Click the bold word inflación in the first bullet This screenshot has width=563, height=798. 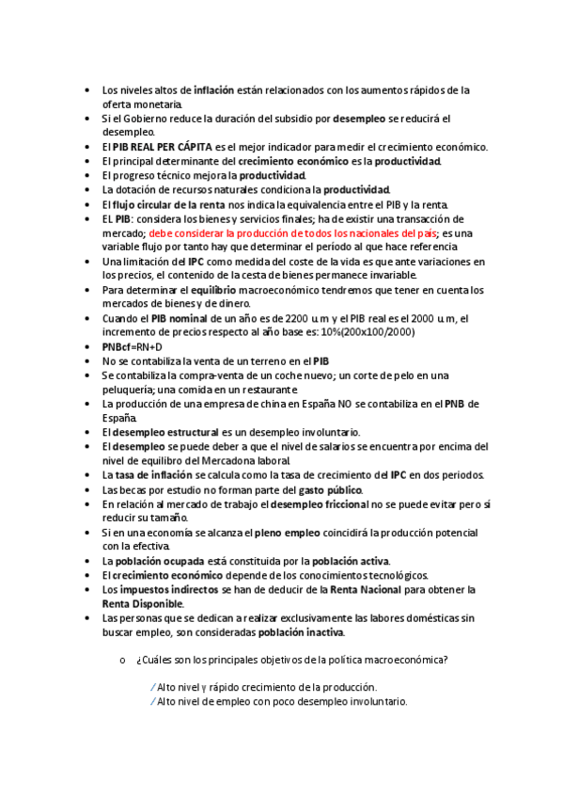click(213, 90)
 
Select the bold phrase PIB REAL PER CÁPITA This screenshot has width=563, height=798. click(163, 147)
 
